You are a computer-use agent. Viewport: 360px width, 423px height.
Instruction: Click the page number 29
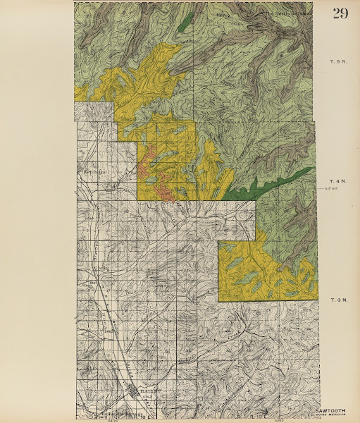click(340, 13)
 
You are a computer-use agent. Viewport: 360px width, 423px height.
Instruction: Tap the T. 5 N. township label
click(338, 63)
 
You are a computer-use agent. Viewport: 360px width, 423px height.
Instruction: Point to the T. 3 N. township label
click(338, 301)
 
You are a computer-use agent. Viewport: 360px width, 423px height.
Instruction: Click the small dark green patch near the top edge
click(185, 23)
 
